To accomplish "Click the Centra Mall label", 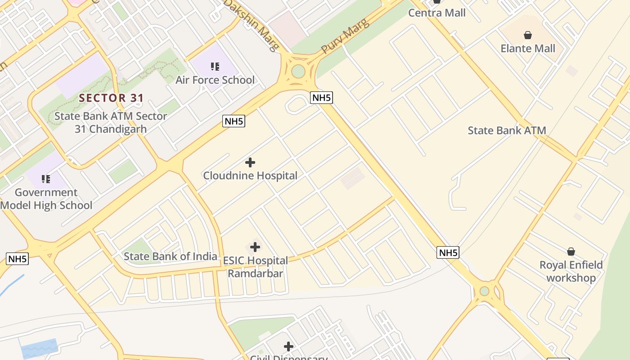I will [436, 13].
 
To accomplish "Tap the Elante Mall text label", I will [528, 48].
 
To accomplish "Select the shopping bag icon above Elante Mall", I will [528, 35].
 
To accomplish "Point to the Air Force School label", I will [215, 80].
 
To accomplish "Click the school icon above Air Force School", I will [215, 67].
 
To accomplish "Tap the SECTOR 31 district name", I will [112, 98].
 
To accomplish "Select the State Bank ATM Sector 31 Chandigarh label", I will [111, 122].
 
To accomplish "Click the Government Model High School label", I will [46, 199].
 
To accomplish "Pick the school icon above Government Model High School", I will [46, 180].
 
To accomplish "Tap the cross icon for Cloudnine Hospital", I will [250, 162].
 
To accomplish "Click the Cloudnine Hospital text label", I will [250, 175].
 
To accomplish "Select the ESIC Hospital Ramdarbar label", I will [256, 267].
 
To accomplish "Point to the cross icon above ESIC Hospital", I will [255, 247].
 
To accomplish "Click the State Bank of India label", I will [171, 256].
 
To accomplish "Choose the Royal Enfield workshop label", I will [571, 271].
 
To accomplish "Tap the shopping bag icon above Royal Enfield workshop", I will [571, 252].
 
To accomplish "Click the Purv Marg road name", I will [345, 36].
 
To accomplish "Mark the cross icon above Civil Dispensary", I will [288, 346].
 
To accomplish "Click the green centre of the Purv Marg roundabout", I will [298, 71].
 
